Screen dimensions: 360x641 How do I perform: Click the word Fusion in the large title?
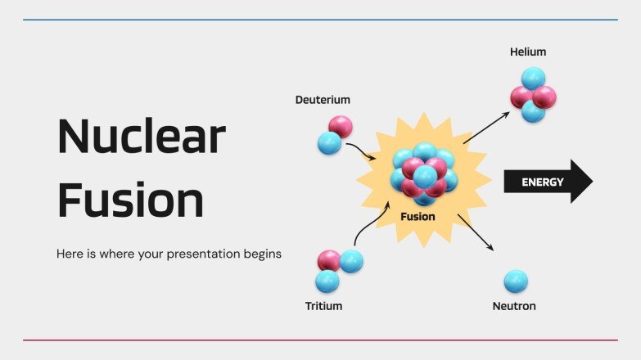[130, 200]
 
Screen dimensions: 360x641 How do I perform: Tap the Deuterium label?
[323, 100]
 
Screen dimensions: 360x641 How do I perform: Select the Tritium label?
[323, 306]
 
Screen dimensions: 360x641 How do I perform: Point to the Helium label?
[527, 52]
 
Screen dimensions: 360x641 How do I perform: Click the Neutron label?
[514, 306]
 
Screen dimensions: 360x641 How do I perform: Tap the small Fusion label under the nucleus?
[418, 217]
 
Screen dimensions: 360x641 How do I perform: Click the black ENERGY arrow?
[547, 182]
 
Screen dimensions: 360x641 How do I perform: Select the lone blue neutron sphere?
[516, 281]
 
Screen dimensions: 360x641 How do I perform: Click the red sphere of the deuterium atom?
[341, 126]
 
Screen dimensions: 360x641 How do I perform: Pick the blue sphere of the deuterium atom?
[329, 143]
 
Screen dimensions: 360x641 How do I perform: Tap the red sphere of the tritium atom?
[330, 261]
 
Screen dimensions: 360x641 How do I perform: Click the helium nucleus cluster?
[533, 96]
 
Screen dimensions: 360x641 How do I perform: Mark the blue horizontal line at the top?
[320, 20]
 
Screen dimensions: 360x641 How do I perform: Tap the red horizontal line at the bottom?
[320, 340]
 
